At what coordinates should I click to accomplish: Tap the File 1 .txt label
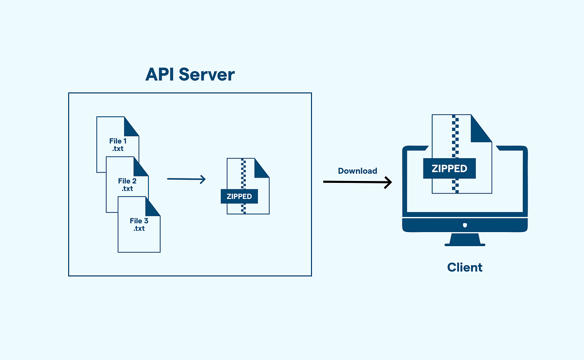118,144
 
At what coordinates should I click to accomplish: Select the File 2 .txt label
127,184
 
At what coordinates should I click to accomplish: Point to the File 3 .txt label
139,224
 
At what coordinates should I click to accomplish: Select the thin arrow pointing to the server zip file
186,180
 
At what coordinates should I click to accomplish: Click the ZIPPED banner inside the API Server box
239,197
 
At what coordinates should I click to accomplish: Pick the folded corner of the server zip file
262,168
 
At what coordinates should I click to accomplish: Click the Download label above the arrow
357,171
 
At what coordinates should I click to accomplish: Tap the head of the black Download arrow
388,182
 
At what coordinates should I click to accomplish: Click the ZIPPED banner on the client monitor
449,168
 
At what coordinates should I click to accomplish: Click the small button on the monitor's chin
465,225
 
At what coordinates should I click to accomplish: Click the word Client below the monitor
465,267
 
